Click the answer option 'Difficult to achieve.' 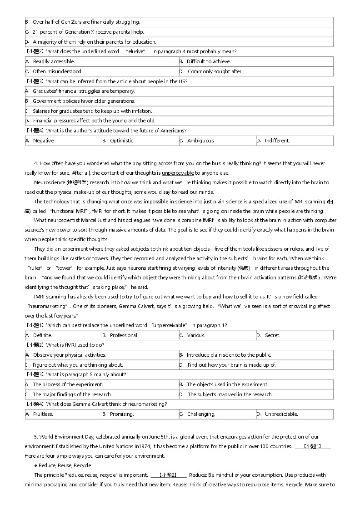click(209, 61)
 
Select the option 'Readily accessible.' click(54, 61)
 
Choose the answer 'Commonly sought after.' click(215, 71)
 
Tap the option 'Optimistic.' click(122, 141)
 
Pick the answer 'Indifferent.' click(277, 141)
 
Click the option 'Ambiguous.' click(200, 141)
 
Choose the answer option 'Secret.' click(272, 335)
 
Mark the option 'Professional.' click(124, 335)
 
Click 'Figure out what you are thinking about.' click(78, 365)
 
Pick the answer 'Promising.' click(122, 414)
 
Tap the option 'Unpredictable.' click(281, 414)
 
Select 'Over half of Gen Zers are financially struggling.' click(86, 22)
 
